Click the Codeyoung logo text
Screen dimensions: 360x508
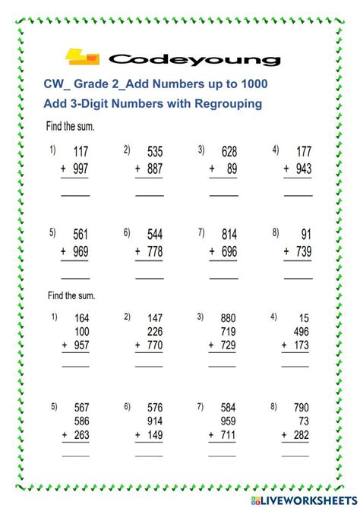tap(194, 58)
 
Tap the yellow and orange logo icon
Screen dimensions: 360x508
tap(83, 57)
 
